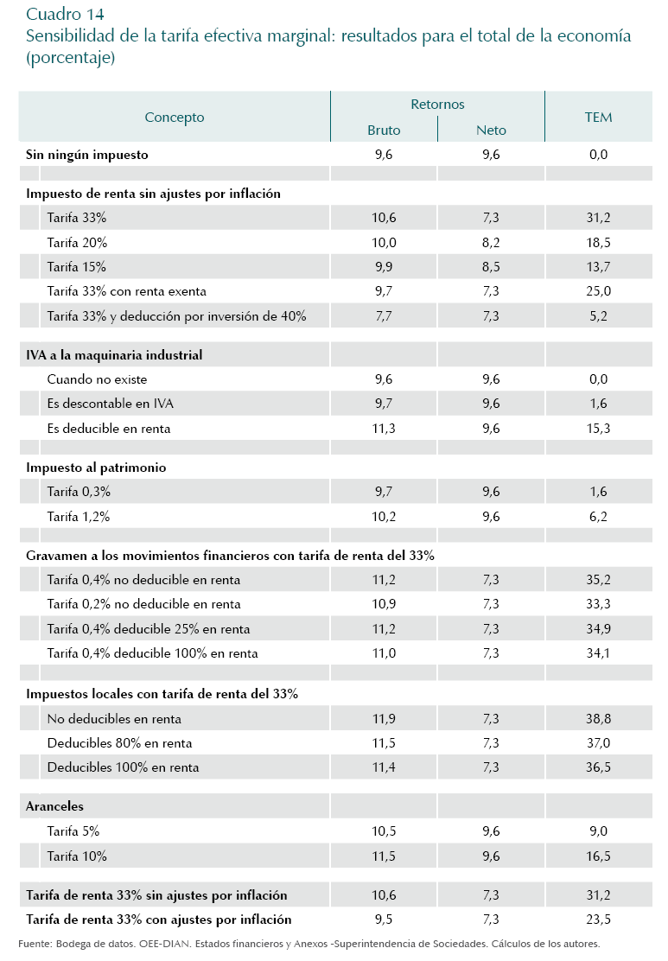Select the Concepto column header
click(175, 117)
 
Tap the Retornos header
click(437, 104)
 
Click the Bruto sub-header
click(384, 130)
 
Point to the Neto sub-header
click(491, 130)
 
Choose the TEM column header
click(598, 117)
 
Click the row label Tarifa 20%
click(78, 243)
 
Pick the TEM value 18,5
click(598, 243)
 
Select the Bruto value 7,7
click(384, 316)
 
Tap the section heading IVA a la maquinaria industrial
click(115, 354)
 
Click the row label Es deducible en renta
click(109, 428)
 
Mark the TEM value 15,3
click(598, 428)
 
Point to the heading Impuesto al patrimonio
click(97, 468)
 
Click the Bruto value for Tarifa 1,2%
click(384, 516)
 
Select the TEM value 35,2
click(598, 580)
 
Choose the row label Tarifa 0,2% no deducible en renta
click(144, 604)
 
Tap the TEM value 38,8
click(598, 718)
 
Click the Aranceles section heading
click(55, 806)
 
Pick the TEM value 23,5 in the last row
click(598, 920)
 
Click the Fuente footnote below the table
click(309, 943)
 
